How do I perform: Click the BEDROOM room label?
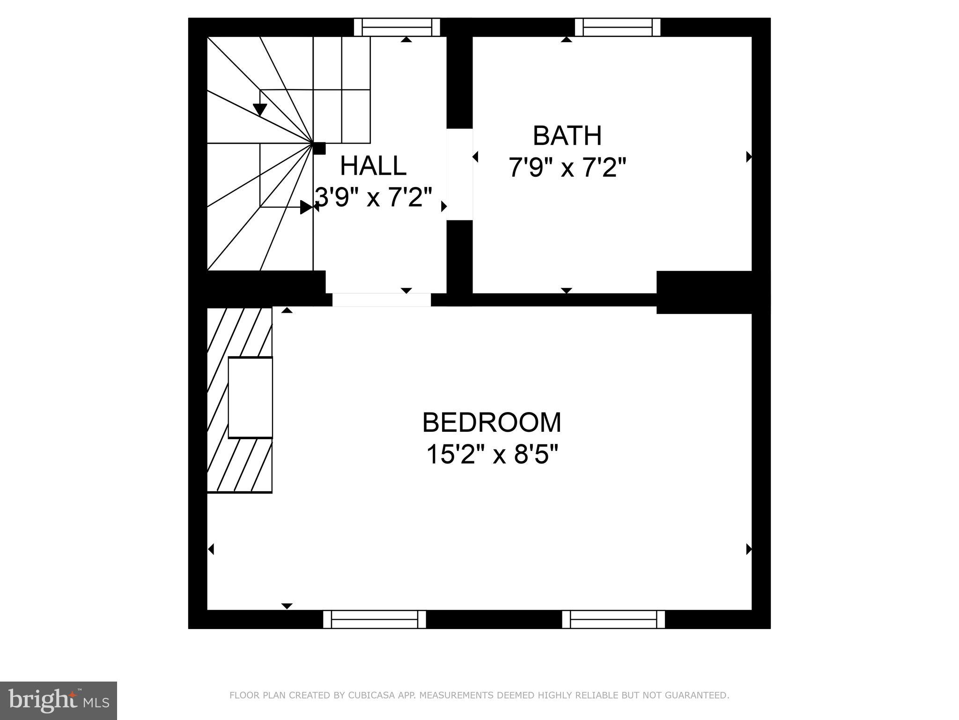[491, 422]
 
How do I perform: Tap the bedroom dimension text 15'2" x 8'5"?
[492, 454]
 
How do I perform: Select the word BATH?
[567, 136]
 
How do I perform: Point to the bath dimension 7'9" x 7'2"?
[567, 167]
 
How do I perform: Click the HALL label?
[373, 166]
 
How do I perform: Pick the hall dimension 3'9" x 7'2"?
[373, 197]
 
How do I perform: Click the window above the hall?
[397, 27]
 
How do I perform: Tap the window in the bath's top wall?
[617, 27]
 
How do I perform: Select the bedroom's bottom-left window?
[375, 619]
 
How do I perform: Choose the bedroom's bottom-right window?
[613, 619]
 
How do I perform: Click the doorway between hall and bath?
[459, 174]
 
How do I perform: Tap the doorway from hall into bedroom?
[381, 300]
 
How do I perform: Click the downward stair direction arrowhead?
[260, 110]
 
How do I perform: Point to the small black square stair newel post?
[319, 148]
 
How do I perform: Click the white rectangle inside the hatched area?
[250, 397]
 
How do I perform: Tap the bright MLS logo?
[58, 700]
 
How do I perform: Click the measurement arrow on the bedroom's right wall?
[748, 549]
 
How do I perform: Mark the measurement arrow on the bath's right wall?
[748, 157]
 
